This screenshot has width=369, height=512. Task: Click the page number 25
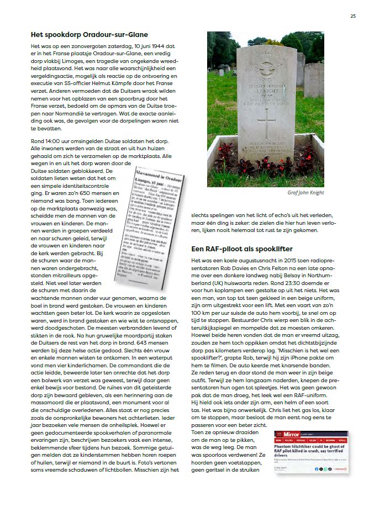[x=352, y=15]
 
